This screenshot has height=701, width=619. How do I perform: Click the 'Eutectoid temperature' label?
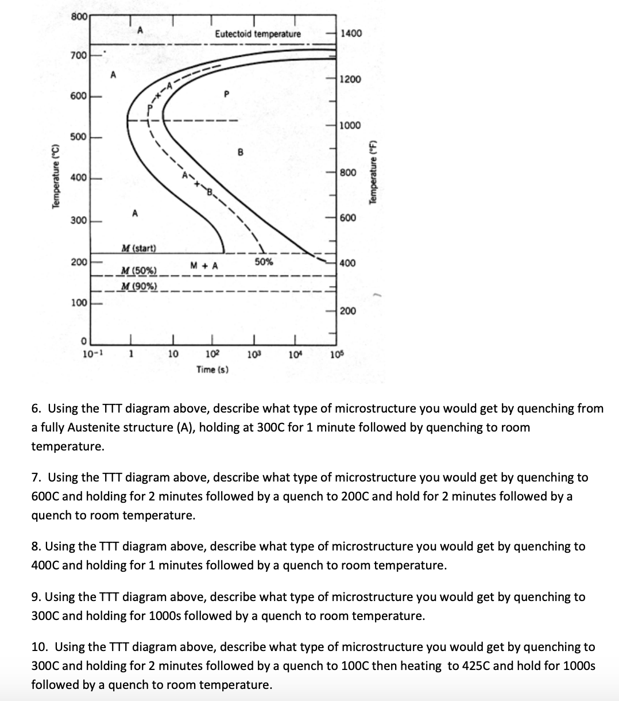click(257, 34)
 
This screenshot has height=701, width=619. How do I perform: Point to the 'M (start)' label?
click(138, 248)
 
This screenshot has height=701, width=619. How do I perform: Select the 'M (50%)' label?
click(138, 271)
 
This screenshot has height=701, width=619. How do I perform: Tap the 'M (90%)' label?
click(138, 286)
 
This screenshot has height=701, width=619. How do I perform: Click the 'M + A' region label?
click(204, 265)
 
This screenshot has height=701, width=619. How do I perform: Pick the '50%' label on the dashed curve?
click(264, 262)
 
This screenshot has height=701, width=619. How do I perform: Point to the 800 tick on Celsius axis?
click(79, 17)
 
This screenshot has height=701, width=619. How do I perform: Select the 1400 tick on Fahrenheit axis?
click(351, 33)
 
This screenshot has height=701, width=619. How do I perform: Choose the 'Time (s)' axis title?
click(212, 369)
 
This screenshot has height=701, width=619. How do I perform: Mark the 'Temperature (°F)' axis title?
click(374, 172)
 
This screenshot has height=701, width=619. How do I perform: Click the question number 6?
click(36, 409)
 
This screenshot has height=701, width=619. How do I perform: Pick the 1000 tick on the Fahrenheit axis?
click(350, 126)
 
